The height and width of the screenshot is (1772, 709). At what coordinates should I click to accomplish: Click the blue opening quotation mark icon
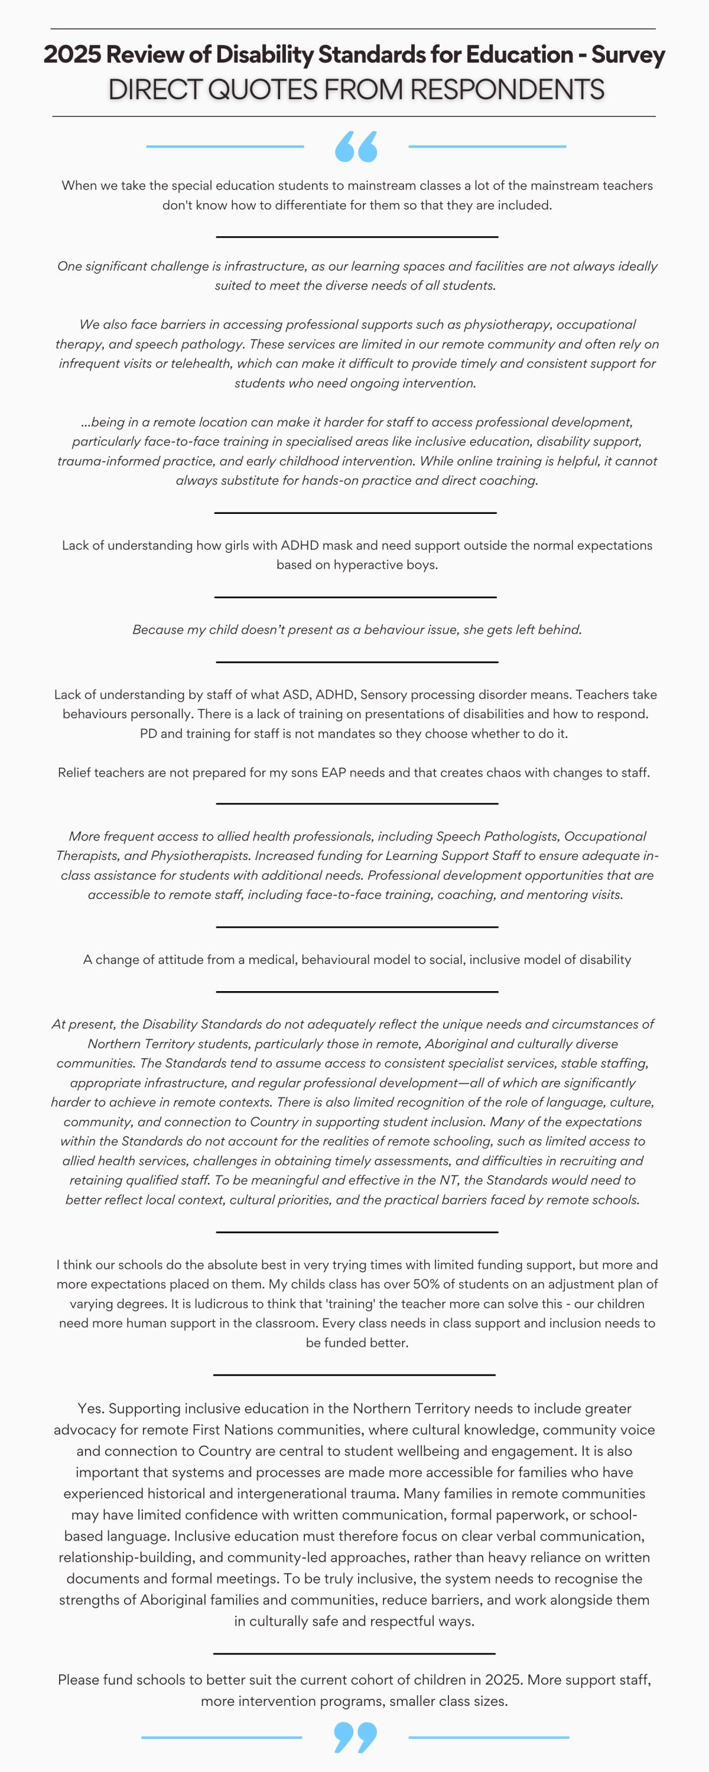[356, 146]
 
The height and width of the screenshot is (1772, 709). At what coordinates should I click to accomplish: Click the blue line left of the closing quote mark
[221, 1738]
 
